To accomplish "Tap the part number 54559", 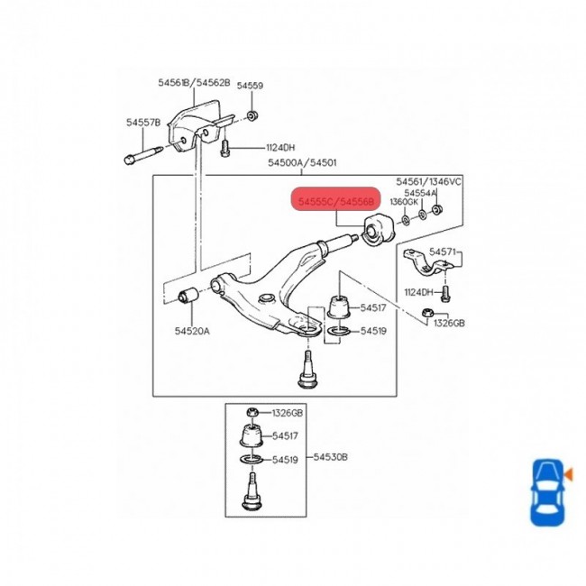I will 250,87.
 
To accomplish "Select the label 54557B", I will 142,122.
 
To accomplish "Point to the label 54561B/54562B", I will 194,82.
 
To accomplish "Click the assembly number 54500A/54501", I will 301,163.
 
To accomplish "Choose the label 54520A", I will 192,331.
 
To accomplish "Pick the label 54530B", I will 330,457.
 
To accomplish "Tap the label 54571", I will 443,252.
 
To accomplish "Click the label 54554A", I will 420,193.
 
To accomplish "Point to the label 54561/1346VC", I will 429,181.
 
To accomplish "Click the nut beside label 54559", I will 252,114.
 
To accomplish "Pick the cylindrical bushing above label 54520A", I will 191,294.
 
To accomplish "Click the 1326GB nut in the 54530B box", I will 253,413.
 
